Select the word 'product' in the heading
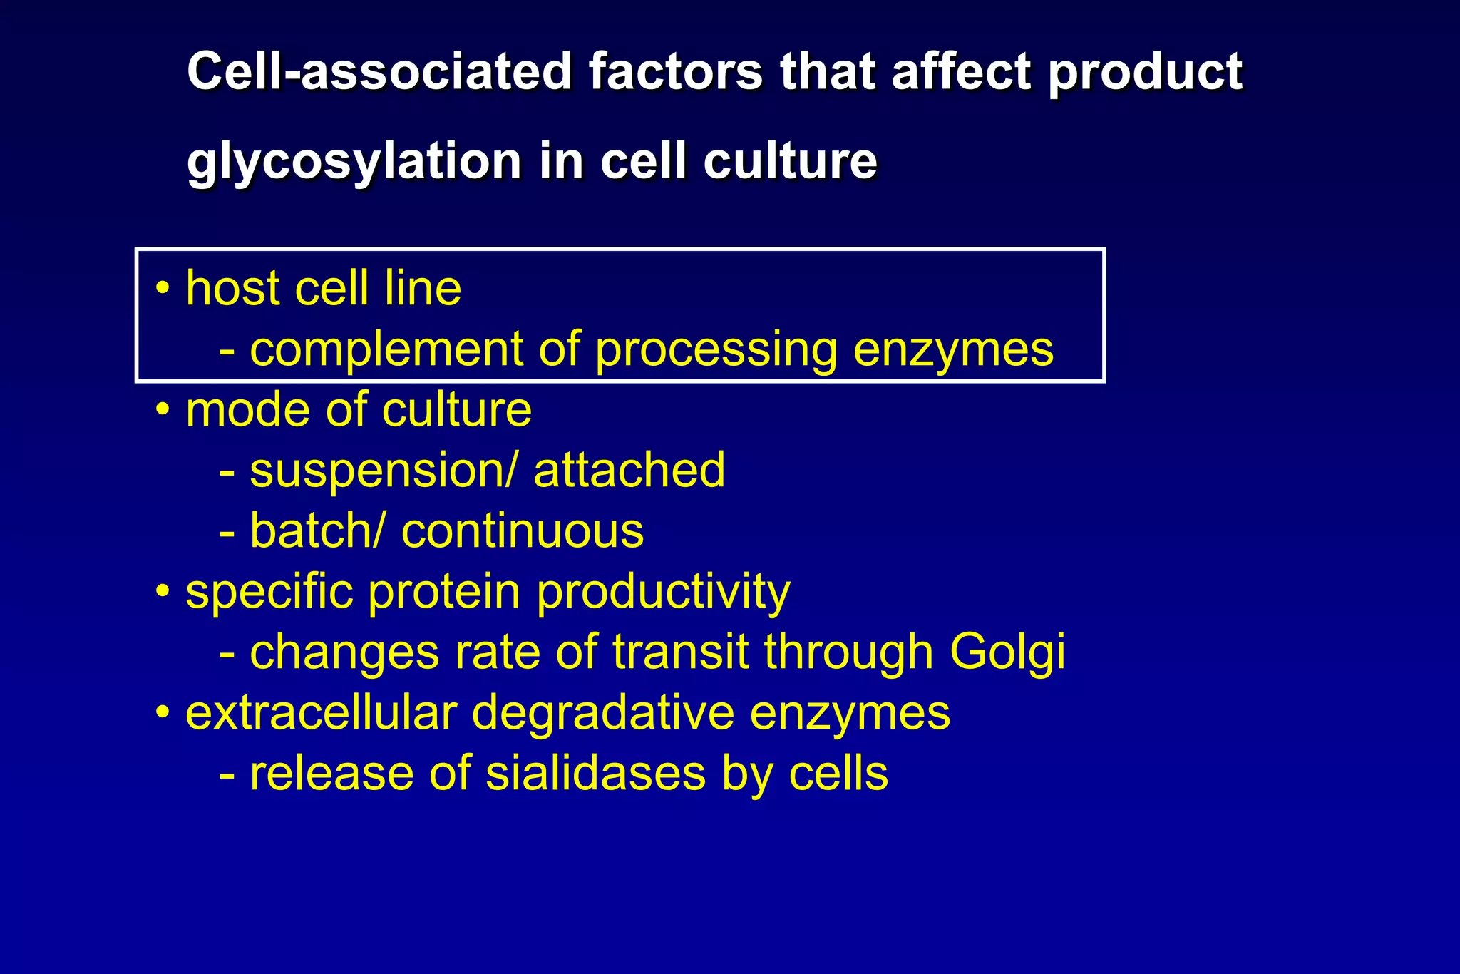click(1145, 71)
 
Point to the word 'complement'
click(386, 349)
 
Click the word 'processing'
click(716, 349)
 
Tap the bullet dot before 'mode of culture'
click(163, 410)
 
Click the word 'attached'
click(629, 471)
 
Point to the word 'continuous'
click(523, 531)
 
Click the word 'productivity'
click(663, 592)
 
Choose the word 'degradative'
click(603, 713)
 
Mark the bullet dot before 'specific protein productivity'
click(163, 592)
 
